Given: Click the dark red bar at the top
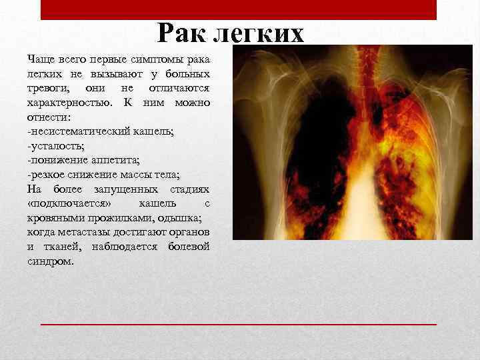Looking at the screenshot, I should tap(239, 9).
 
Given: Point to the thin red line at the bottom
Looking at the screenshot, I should tap(239, 323).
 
